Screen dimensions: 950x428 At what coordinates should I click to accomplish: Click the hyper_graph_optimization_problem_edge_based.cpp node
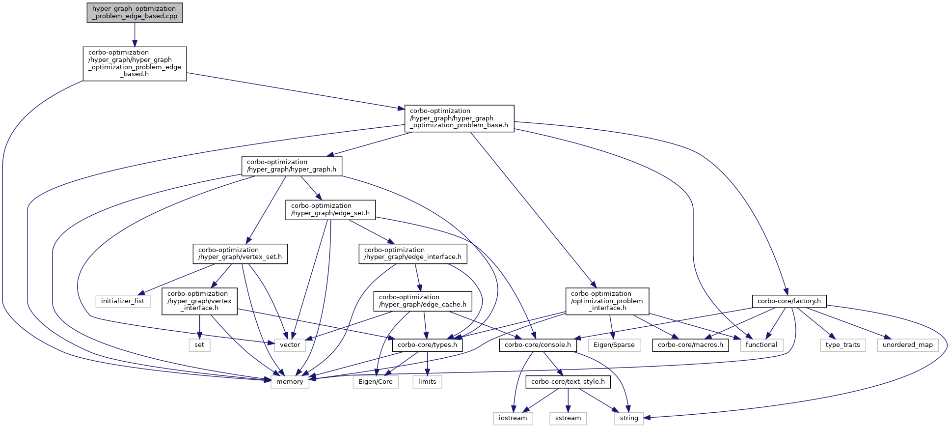[x=135, y=13]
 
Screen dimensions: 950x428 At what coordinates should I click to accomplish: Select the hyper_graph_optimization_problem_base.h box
[x=459, y=118]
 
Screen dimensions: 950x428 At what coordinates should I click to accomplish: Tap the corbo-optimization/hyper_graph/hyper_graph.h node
[x=292, y=166]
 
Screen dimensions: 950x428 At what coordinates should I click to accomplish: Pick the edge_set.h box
[x=330, y=210]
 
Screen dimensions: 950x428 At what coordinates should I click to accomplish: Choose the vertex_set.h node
[x=240, y=254]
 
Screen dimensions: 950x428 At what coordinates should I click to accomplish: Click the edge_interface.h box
[x=413, y=254]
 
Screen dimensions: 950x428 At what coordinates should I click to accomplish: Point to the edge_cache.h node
[x=423, y=301]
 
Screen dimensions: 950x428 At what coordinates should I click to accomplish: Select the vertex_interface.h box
[x=199, y=301]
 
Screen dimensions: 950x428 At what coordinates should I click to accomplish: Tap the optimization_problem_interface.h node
[x=607, y=301]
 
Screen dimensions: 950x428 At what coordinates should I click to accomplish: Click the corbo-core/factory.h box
[x=789, y=301]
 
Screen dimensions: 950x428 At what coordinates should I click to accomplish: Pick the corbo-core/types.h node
[x=427, y=345]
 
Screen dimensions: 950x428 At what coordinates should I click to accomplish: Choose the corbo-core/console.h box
[x=538, y=345]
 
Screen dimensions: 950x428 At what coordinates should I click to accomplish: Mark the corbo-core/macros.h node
[x=690, y=345]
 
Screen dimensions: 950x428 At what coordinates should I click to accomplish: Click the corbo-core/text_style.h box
[x=568, y=382]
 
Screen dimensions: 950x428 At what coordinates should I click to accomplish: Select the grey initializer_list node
[x=123, y=301]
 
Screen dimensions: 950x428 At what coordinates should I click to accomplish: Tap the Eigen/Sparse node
[x=614, y=345]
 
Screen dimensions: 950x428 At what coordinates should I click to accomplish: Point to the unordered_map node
[x=908, y=345]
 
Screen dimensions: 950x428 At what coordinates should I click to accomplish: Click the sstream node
[x=568, y=419]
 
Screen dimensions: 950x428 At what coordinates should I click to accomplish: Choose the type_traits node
[x=842, y=345]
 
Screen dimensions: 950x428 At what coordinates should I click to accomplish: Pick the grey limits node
[x=427, y=382]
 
